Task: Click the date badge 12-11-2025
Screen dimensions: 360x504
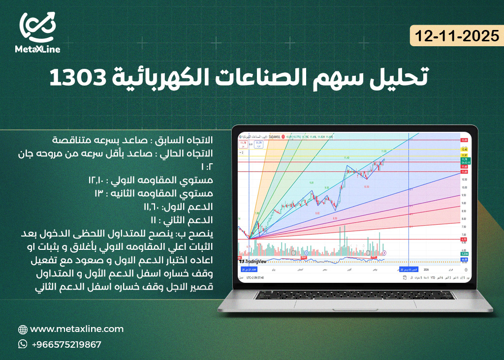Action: coord(456,36)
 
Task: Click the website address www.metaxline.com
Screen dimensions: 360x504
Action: coord(77,329)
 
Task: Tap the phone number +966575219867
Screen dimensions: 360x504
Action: coord(66,344)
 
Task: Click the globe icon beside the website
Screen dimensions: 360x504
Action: coord(23,330)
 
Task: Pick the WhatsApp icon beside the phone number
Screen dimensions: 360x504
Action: coord(23,344)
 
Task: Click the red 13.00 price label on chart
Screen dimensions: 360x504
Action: coord(463,141)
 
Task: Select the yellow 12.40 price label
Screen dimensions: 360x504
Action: coord(463,150)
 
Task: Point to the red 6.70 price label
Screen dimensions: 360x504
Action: coord(463,240)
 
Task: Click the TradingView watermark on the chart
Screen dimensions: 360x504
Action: coord(254,261)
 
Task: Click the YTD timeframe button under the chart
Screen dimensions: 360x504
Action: coord(433,277)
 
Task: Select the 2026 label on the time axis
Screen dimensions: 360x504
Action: coord(426,270)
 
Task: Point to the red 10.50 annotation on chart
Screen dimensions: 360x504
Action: coord(366,187)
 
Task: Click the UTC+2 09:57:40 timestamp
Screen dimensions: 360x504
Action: coord(255,277)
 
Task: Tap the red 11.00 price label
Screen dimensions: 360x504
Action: coord(463,171)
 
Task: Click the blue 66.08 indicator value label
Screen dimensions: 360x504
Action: coord(463,259)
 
